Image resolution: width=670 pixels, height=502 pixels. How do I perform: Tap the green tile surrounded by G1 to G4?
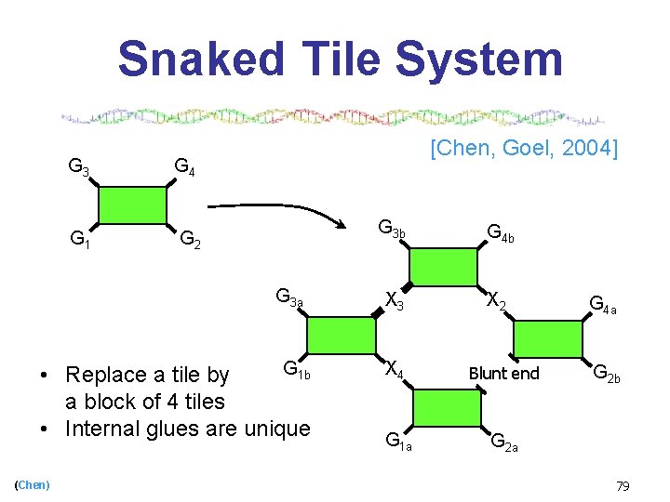[132, 205]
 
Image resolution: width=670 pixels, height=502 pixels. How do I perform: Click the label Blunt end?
[503, 374]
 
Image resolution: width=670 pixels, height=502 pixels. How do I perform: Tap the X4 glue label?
[395, 370]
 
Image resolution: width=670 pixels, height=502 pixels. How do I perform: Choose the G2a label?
[504, 442]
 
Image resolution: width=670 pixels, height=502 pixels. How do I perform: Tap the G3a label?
[288, 298]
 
